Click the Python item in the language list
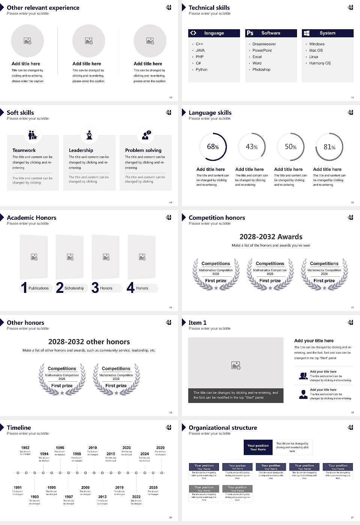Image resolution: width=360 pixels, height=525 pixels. coord(201,70)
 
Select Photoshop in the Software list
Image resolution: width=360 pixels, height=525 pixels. coord(261,70)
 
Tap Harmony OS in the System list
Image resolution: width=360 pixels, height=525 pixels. coord(319,63)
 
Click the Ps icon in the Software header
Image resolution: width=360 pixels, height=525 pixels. coord(250,33)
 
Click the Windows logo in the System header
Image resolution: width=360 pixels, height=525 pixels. coord(306,33)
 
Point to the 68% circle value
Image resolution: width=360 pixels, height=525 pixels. coord(213,147)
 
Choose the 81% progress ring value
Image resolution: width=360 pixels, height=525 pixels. coord(329,147)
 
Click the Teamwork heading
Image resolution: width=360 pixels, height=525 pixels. coord(24,150)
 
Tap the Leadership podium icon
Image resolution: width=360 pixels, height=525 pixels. coord(89,135)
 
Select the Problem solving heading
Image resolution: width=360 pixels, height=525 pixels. coord(143,150)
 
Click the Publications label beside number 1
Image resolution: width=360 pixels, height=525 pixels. coord(38,288)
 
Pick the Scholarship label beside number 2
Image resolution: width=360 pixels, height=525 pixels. coord(74,288)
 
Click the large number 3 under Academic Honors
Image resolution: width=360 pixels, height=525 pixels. coord(95,288)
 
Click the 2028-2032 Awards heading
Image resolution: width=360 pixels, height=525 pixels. coord(271,237)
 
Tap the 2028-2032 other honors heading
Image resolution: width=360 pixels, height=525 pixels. coord(89,342)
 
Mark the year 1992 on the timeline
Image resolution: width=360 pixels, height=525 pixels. coord(25,448)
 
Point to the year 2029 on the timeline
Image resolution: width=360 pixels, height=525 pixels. coord(160,448)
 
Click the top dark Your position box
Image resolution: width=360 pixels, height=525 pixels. coord(258,447)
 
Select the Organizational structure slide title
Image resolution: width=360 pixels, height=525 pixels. coord(223,427)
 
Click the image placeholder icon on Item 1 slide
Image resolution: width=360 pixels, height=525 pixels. coord(236,365)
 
